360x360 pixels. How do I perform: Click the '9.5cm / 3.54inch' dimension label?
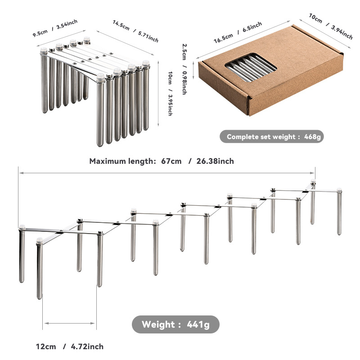click(55, 28)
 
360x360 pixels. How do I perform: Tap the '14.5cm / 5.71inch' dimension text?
click(135, 31)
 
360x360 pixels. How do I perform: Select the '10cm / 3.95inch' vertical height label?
click(170, 94)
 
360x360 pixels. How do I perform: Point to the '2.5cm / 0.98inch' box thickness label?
click(184, 69)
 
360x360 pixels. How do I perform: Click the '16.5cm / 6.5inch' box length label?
click(238, 32)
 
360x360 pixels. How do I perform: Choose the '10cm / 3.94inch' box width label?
click(331, 27)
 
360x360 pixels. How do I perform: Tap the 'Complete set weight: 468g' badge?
click(272, 137)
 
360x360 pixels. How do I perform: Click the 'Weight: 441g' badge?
click(175, 324)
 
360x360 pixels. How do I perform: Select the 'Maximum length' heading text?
click(123, 161)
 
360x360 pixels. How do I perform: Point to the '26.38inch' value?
click(215, 161)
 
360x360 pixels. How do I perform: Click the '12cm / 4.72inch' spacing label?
click(70, 346)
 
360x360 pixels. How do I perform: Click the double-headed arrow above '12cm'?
click(70, 323)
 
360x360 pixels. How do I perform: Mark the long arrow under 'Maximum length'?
click(167, 173)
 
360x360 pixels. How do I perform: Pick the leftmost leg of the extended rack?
click(22, 254)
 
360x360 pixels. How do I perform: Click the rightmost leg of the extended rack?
click(339, 211)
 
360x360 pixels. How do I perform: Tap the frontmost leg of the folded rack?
click(100, 110)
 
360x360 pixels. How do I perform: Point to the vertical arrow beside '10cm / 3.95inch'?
click(158, 94)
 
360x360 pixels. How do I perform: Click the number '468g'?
click(312, 137)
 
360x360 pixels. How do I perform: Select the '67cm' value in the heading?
click(171, 161)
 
